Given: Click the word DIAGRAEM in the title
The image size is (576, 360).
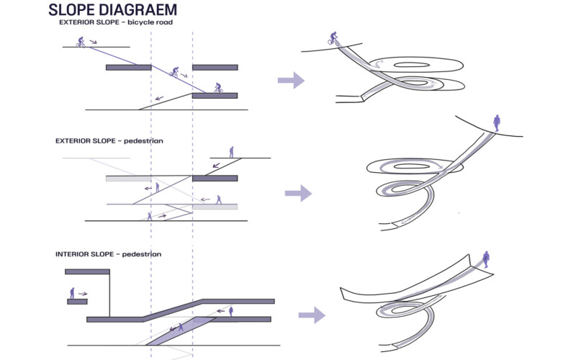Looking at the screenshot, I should (135, 10).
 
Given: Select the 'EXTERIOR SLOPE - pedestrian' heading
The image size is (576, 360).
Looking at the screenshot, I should (109, 140).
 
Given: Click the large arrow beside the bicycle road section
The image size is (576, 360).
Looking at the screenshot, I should (291, 80).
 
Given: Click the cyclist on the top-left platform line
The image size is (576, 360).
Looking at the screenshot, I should (81, 42).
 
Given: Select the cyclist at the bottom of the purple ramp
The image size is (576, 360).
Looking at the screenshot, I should (217, 88).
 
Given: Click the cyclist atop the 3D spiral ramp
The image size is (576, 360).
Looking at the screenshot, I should (333, 37).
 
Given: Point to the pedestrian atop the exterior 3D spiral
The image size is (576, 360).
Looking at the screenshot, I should (495, 120).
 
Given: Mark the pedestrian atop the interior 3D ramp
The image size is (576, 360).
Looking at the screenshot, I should (486, 257).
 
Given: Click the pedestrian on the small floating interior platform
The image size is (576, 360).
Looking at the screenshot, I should (72, 292).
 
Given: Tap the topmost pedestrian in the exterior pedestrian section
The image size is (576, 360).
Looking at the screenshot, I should (231, 152).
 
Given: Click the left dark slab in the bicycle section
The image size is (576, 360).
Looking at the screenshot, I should (128, 68).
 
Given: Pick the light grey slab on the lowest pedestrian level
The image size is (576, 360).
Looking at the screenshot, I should (215, 207).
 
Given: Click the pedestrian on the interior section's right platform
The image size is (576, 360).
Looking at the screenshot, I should (230, 311).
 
